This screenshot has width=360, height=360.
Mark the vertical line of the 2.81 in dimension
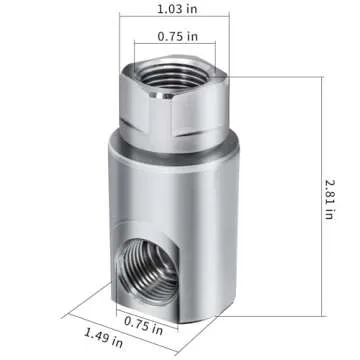tap(323, 190)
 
